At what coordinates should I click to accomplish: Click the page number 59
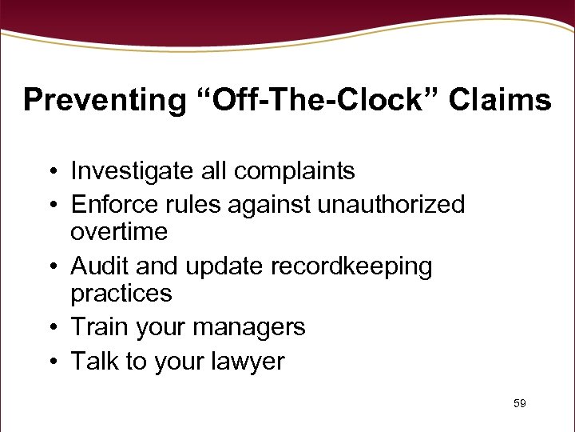click(520, 404)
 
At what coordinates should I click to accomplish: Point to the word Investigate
click(129, 170)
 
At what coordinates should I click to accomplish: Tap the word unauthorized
click(391, 205)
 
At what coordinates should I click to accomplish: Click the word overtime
click(119, 232)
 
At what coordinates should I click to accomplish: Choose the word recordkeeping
click(353, 266)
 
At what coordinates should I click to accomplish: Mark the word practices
click(121, 294)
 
